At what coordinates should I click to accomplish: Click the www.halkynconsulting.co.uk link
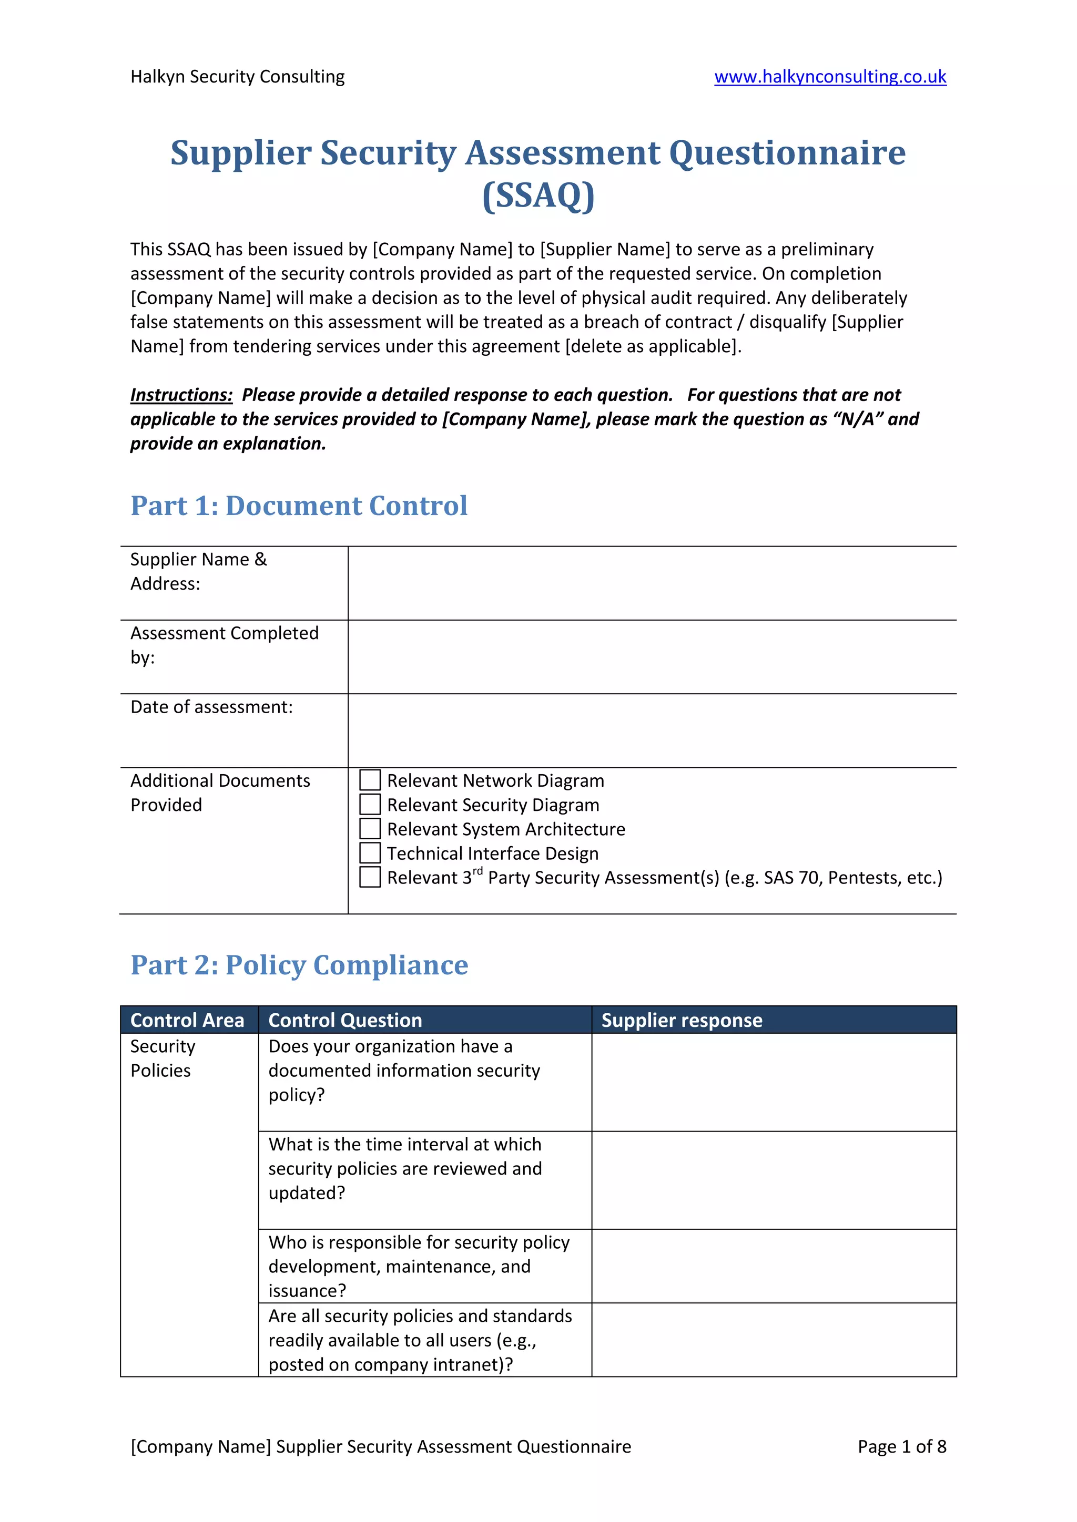[830, 77]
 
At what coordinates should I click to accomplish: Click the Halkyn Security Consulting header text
[237, 77]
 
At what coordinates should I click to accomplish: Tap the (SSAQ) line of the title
[538, 196]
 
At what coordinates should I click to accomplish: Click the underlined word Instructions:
[181, 395]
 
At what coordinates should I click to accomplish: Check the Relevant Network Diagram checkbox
[369, 780]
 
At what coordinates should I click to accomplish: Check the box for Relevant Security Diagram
[369, 804]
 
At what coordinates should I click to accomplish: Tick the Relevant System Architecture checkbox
[369, 829]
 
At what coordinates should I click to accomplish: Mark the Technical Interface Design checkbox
[369, 852]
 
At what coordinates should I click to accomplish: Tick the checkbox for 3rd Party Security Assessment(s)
[369, 877]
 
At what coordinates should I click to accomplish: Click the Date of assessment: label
[211, 707]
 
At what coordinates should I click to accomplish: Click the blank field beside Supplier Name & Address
[651, 583]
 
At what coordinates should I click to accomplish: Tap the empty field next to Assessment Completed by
[651, 657]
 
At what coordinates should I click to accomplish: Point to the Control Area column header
[188, 1020]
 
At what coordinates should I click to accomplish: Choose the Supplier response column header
[681, 1020]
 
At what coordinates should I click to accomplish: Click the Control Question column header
[345, 1020]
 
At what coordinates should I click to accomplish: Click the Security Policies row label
[162, 1058]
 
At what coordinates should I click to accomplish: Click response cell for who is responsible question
[773, 1266]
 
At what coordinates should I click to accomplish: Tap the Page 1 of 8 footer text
[901, 1446]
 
